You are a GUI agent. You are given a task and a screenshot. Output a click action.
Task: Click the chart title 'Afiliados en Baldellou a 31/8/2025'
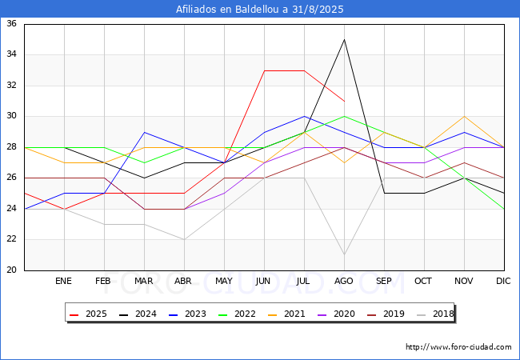(260, 10)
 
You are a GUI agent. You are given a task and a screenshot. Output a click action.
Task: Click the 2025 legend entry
(88, 314)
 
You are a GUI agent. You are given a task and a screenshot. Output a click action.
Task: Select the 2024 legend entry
(138, 314)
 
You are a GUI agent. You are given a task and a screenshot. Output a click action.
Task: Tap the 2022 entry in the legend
(237, 314)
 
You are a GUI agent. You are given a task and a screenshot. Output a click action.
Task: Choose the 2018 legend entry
(435, 314)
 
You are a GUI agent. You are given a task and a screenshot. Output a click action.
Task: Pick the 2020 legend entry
(336, 314)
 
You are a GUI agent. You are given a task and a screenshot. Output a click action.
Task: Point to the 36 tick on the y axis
(12, 23)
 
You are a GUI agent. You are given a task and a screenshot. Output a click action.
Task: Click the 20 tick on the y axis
(12, 270)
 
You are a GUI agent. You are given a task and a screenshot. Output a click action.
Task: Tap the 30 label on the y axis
(12, 116)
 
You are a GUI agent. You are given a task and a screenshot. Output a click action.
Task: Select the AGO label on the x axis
(343, 281)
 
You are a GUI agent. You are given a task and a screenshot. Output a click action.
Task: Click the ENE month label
(63, 281)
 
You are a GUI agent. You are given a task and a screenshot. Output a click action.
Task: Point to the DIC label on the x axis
(503, 281)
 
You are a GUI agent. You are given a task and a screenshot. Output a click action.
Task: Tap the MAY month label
(224, 281)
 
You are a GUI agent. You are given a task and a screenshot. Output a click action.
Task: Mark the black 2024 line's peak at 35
(344, 39)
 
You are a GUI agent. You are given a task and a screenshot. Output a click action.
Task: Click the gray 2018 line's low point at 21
(344, 254)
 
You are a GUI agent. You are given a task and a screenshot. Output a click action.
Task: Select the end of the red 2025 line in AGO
(344, 101)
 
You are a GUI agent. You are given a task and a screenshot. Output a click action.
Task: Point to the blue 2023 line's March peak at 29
(144, 132)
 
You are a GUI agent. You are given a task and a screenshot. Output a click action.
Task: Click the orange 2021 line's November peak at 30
(464, 116)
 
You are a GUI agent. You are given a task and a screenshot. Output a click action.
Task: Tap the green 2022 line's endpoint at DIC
(504, 209)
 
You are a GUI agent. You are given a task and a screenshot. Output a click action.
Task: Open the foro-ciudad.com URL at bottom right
(458, 347)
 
